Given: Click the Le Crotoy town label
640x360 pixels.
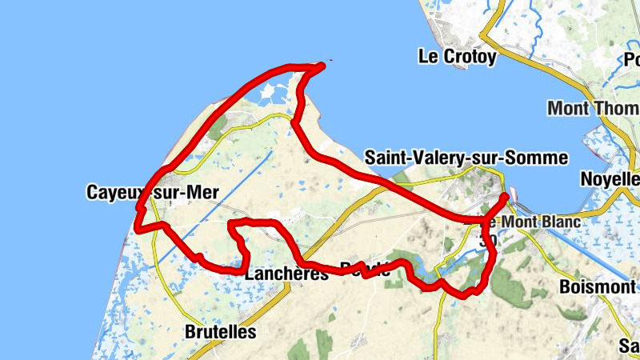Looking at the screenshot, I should pos(458,57).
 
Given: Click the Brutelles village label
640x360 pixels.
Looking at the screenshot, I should pos(220,331).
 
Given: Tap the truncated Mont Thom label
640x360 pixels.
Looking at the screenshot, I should pos(592,108).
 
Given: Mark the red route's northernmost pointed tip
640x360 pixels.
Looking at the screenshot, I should pos(323,64).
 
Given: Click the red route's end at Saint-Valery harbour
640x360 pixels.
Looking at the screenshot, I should pos(506,196).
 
